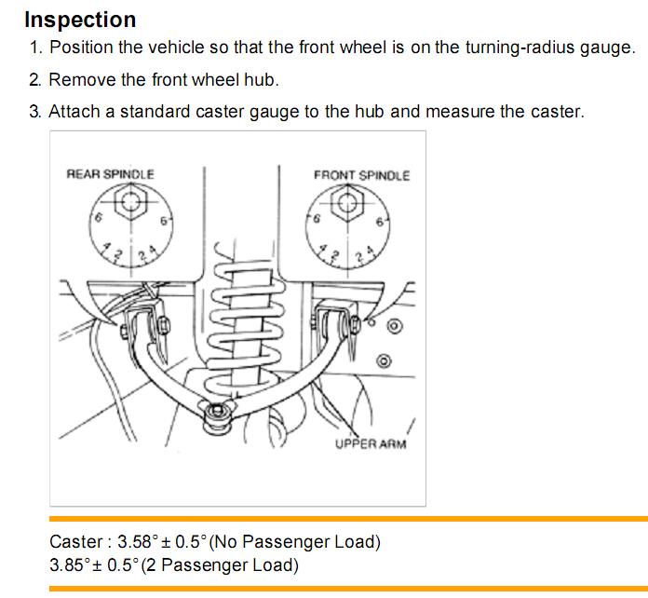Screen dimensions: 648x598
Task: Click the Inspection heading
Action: (x=80, y=20)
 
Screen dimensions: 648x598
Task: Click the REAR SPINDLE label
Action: (x=111, y=174)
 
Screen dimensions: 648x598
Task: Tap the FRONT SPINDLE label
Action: (x=361, y=175)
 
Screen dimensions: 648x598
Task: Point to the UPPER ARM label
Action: (x=371, y=443)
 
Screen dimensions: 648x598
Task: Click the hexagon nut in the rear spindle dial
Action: (x=130, y=202)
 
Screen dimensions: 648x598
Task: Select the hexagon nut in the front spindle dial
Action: (x=347, y=202)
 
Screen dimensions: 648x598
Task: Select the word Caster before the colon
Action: (x=76, y=542)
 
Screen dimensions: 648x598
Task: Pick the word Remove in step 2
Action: (x=82, y=80)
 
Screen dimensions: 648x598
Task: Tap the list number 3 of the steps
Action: (x=35, y=112)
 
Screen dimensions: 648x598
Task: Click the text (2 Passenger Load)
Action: (x=220, y=565)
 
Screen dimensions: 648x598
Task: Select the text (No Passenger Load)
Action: (x=295, y=542)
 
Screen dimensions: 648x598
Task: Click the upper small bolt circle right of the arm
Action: (x=394, y=326)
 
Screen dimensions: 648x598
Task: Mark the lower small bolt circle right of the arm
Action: (x=384, y=361)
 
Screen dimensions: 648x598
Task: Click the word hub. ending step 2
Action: (x=262, y=80)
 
